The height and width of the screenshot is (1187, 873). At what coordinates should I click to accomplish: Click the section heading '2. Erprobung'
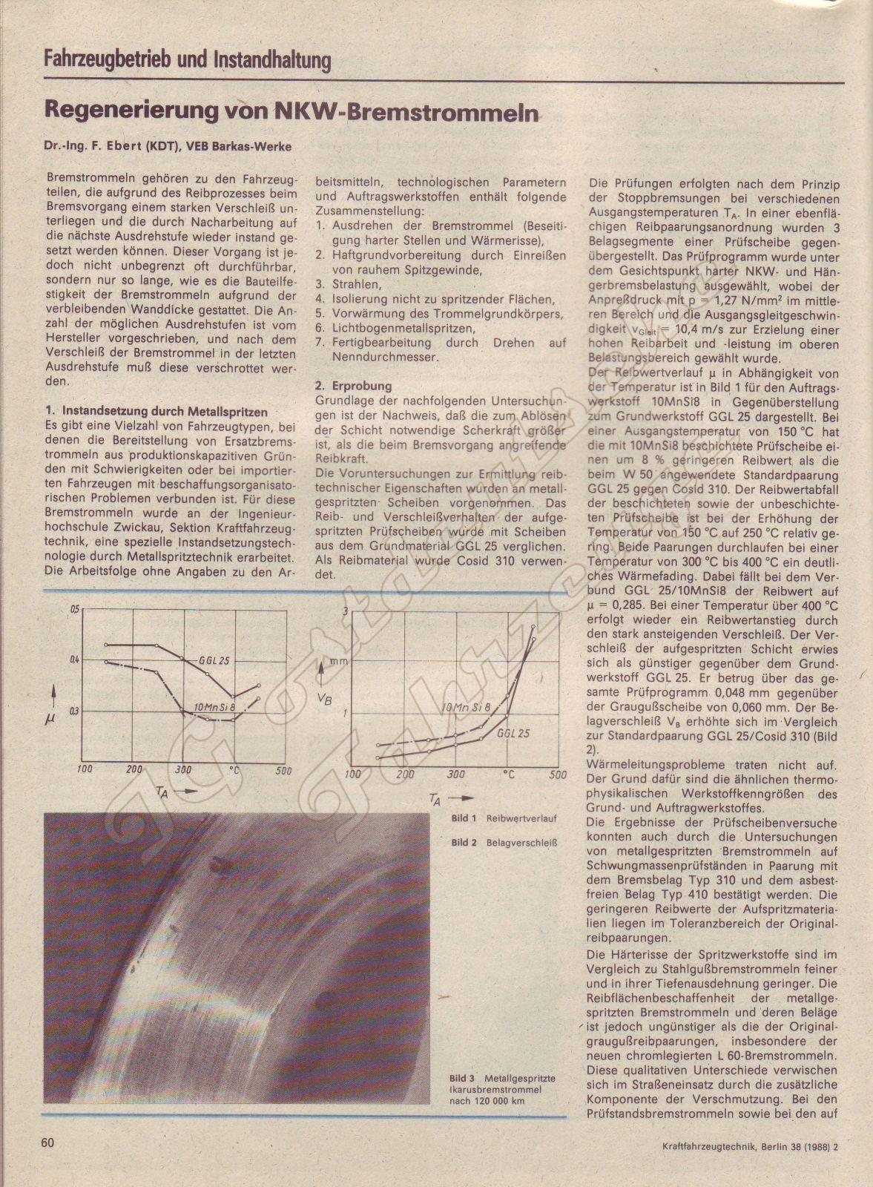coord(353,386)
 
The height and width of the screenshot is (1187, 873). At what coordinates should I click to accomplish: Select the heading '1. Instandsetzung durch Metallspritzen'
coord(157,411)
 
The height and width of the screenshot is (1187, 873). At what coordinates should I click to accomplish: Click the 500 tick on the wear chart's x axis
coord(558,775)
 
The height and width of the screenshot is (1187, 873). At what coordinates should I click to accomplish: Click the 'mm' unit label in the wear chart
coord(339,660)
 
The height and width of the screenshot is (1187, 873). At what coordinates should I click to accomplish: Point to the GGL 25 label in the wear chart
coord(513,733)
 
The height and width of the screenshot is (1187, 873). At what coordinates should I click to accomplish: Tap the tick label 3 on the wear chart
coord(345,610)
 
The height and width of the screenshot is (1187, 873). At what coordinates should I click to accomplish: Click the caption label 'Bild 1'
coord(464,818)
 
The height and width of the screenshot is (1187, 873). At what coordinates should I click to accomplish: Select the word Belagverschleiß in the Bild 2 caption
coord(521,842)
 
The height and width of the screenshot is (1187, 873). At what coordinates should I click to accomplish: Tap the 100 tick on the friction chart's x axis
coord(85,769)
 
